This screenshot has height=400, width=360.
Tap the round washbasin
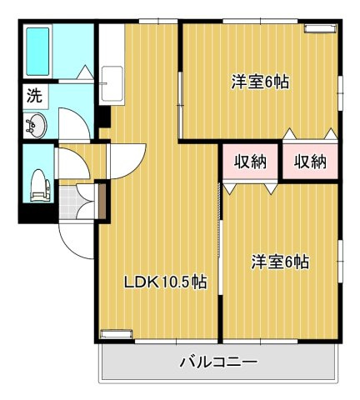(x=36, y=127)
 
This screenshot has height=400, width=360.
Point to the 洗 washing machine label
(x=34, y=96)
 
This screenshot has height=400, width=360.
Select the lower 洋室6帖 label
(x=280, y=262)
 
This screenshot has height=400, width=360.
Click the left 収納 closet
(x=249, y=162)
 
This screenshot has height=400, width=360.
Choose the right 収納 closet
(x=309, y=162)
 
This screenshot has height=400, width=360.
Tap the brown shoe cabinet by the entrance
(x=101, y=200)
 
